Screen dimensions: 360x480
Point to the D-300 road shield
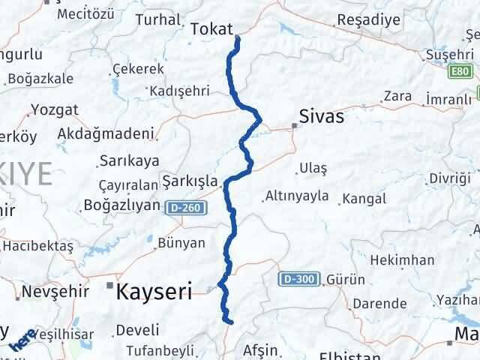pyautogui.click(x=301, y=280)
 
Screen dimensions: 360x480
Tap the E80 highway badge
pyautogui.click(x=463, y=71)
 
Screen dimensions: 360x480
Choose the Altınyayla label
pyautogui.click(x=296, y=197)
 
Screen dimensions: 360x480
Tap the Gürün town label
pyautogui.click(x=346, y=280)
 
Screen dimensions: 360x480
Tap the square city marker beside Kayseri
pyautogui.click(x=109, y=286)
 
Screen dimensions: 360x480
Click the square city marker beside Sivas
pyautogui.click(x=295, y=125)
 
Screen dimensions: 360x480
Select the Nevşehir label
pyautogui.click(x=47, y=291)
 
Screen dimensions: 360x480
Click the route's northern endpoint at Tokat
pyautogui.click(x=237, y=37)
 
